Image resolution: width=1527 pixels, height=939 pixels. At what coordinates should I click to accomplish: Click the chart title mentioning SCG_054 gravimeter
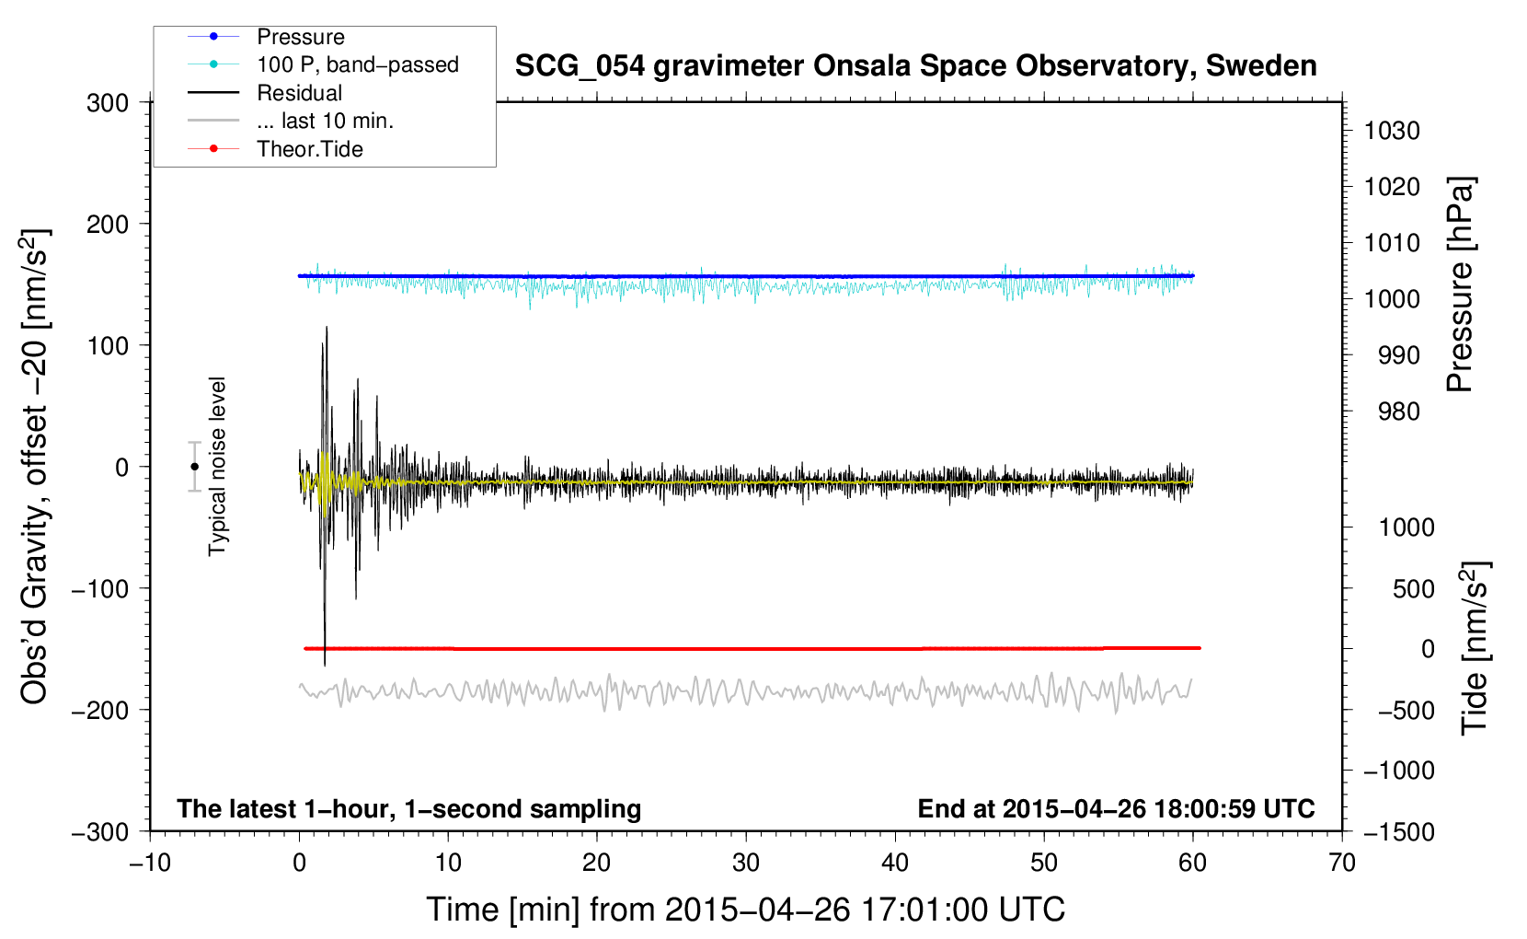coord(915,66)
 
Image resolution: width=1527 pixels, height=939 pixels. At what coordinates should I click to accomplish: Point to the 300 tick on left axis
coord(108,103)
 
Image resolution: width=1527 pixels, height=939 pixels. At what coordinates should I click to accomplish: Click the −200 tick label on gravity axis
coord(100,711)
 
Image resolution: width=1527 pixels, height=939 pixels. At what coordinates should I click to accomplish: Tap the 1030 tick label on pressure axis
coord(1392,131)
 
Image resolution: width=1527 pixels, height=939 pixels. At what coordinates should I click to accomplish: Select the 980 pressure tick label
coord(1399,412)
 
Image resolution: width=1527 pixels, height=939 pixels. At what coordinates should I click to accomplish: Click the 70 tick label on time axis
coord(1341,863)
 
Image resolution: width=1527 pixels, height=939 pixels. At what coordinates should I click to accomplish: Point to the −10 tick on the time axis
coord(150,863)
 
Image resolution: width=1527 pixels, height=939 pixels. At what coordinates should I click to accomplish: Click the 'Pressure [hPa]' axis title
coord(1460,284)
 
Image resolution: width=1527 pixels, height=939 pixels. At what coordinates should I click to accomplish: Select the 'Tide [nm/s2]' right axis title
coord(1475,647)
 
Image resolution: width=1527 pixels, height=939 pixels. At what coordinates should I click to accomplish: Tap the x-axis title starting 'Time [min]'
coord(746,910)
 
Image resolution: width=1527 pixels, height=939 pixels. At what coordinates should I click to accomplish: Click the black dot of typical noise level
coord(194,467)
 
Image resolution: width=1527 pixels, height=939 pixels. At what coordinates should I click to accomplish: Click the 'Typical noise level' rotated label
coord(217,467)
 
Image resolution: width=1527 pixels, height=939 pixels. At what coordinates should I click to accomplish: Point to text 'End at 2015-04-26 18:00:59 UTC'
coord(1116,808)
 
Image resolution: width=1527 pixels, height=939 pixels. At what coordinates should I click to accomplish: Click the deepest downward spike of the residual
coord(325,666)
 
